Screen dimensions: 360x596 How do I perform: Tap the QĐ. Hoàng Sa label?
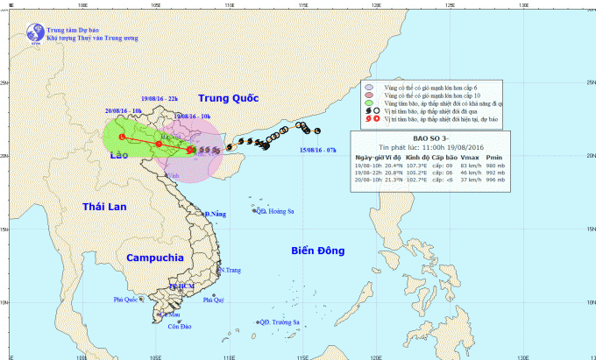[x=274, y=211]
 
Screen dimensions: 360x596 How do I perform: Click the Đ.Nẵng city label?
[x=215, y=215]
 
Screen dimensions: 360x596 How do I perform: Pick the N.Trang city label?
[x=230, y=270]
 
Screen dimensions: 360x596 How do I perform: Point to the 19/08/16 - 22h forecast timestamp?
[x=160, y=98]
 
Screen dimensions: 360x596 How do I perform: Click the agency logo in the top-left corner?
[x=36, y=32]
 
